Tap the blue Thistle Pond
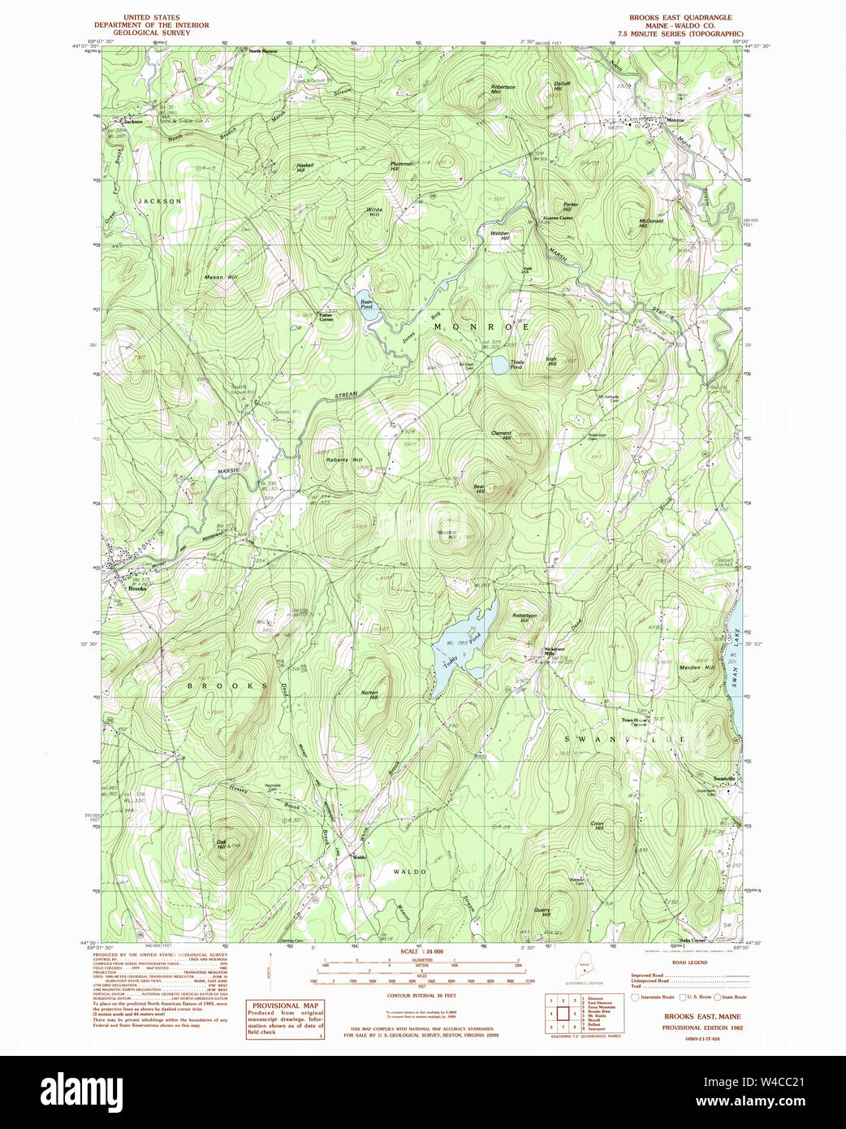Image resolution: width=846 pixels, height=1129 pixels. coord(497,366)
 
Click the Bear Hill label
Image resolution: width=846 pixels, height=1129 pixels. coord(479,489)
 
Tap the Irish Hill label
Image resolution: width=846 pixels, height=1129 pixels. coord(551,362)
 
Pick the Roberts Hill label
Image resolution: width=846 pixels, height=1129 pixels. coord(343,460)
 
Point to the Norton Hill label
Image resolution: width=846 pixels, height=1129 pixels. coord(369,695)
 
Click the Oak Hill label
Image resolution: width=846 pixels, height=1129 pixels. coord(221,844)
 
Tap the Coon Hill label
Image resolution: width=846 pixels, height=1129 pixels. coord(597,825)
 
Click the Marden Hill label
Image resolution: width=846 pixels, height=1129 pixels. coord(697,668)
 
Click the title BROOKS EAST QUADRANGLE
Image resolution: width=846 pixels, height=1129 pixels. coord(680,17)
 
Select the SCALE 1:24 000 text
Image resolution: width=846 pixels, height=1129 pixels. coord(421,951)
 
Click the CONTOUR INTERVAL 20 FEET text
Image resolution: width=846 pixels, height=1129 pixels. coord(421,995)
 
